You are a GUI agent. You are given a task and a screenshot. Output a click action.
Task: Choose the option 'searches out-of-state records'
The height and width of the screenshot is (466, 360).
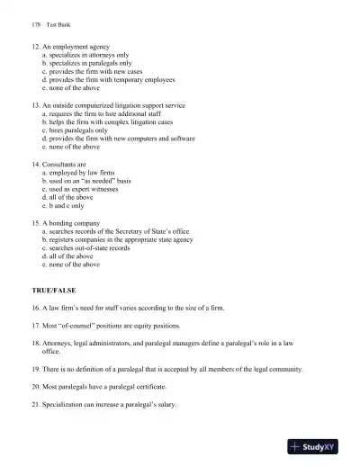pyautogui.click(x=90, y=247)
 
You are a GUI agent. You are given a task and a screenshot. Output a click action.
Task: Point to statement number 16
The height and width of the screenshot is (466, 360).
pyautogui.click(x=35, y=308)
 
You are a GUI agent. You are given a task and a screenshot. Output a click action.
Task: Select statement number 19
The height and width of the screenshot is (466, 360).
pyautogui.click(x=35, y=369)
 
